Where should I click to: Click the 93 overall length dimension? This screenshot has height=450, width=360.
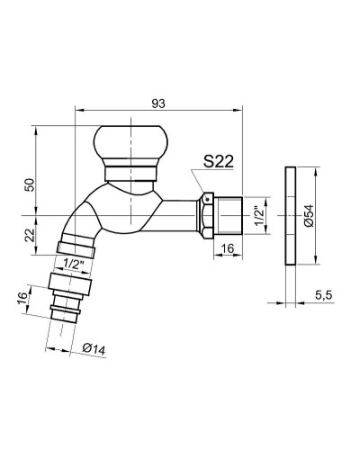coord(158,103)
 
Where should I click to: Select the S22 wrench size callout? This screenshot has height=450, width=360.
coord(219,162)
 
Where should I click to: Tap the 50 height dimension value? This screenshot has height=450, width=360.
coord(30,184)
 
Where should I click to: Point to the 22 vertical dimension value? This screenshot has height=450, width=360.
coord(30,235)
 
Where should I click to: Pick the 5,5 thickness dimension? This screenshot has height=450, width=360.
coord(324,295)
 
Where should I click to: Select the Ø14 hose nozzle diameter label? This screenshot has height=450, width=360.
coord(94,349)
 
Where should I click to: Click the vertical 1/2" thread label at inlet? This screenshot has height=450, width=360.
coord(259,215)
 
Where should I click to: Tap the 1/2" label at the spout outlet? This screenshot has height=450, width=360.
coord(73,264)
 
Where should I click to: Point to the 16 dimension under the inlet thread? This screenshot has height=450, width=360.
coord(228,248)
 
